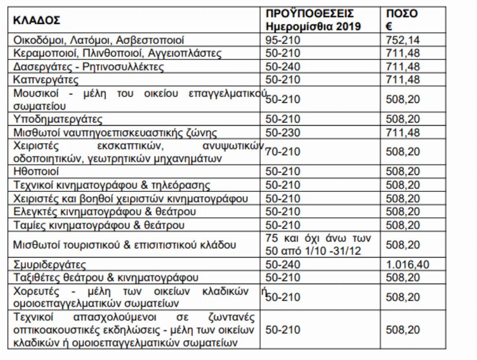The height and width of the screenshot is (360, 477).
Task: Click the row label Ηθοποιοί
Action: point(36,172)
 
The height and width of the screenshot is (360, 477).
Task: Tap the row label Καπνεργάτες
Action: point(46,80)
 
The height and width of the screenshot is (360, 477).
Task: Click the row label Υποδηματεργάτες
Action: point(57,118)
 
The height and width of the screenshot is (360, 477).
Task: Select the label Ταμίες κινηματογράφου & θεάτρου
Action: point(98,225)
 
